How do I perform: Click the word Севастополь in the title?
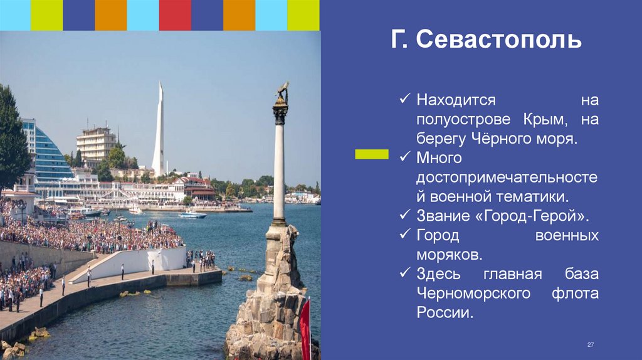pyautogui.click(x=499, y=42)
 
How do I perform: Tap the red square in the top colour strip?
pyautogui.click(x=175, y=15)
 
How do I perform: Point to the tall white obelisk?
pyautogui.click(x=159, y=132)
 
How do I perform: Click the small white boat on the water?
pyautogui.click(x=192, y=215)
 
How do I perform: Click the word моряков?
pyautogui.click(x=449, y=255)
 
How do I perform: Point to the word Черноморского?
pyautogui.click(x=468, y=294)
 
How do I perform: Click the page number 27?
pyautogui.click(x=590, y=346)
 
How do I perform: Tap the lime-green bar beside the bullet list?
pyautogui.click(x=372, y=154)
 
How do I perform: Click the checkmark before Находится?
pyautogui.click(x=406, y=100)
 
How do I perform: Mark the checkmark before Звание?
pyautogui.click(x=406, y=216)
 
